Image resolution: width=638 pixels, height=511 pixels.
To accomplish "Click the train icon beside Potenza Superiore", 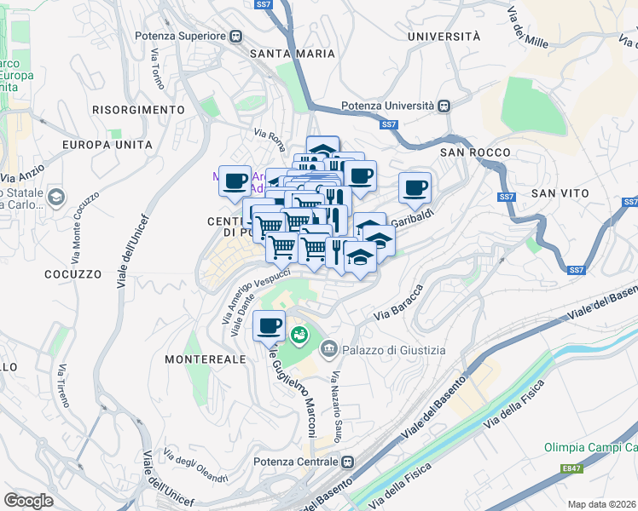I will [x=235, y=37].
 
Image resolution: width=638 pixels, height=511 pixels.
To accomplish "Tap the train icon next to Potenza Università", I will [x=444, y=106].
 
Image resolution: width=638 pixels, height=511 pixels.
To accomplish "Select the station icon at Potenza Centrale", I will [x=348, y=462].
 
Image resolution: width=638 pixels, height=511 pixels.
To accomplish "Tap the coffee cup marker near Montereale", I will [x=270, y=325].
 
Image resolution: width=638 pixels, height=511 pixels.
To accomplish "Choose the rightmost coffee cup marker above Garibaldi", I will [x=415, y=187].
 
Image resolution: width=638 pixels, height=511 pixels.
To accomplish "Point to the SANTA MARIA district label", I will [x=286, y=53].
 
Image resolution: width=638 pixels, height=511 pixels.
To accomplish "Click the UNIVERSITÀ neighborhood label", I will [x=444, y=37].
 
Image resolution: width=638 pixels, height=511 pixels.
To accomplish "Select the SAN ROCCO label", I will [x=475, y=152].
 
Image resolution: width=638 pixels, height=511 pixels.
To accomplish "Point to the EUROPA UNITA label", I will [x=107, y=145].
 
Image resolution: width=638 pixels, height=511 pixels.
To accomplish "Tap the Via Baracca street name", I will [x=398, y=305].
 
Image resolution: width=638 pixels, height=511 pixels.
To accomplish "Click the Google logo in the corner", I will [x=28, y=500].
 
